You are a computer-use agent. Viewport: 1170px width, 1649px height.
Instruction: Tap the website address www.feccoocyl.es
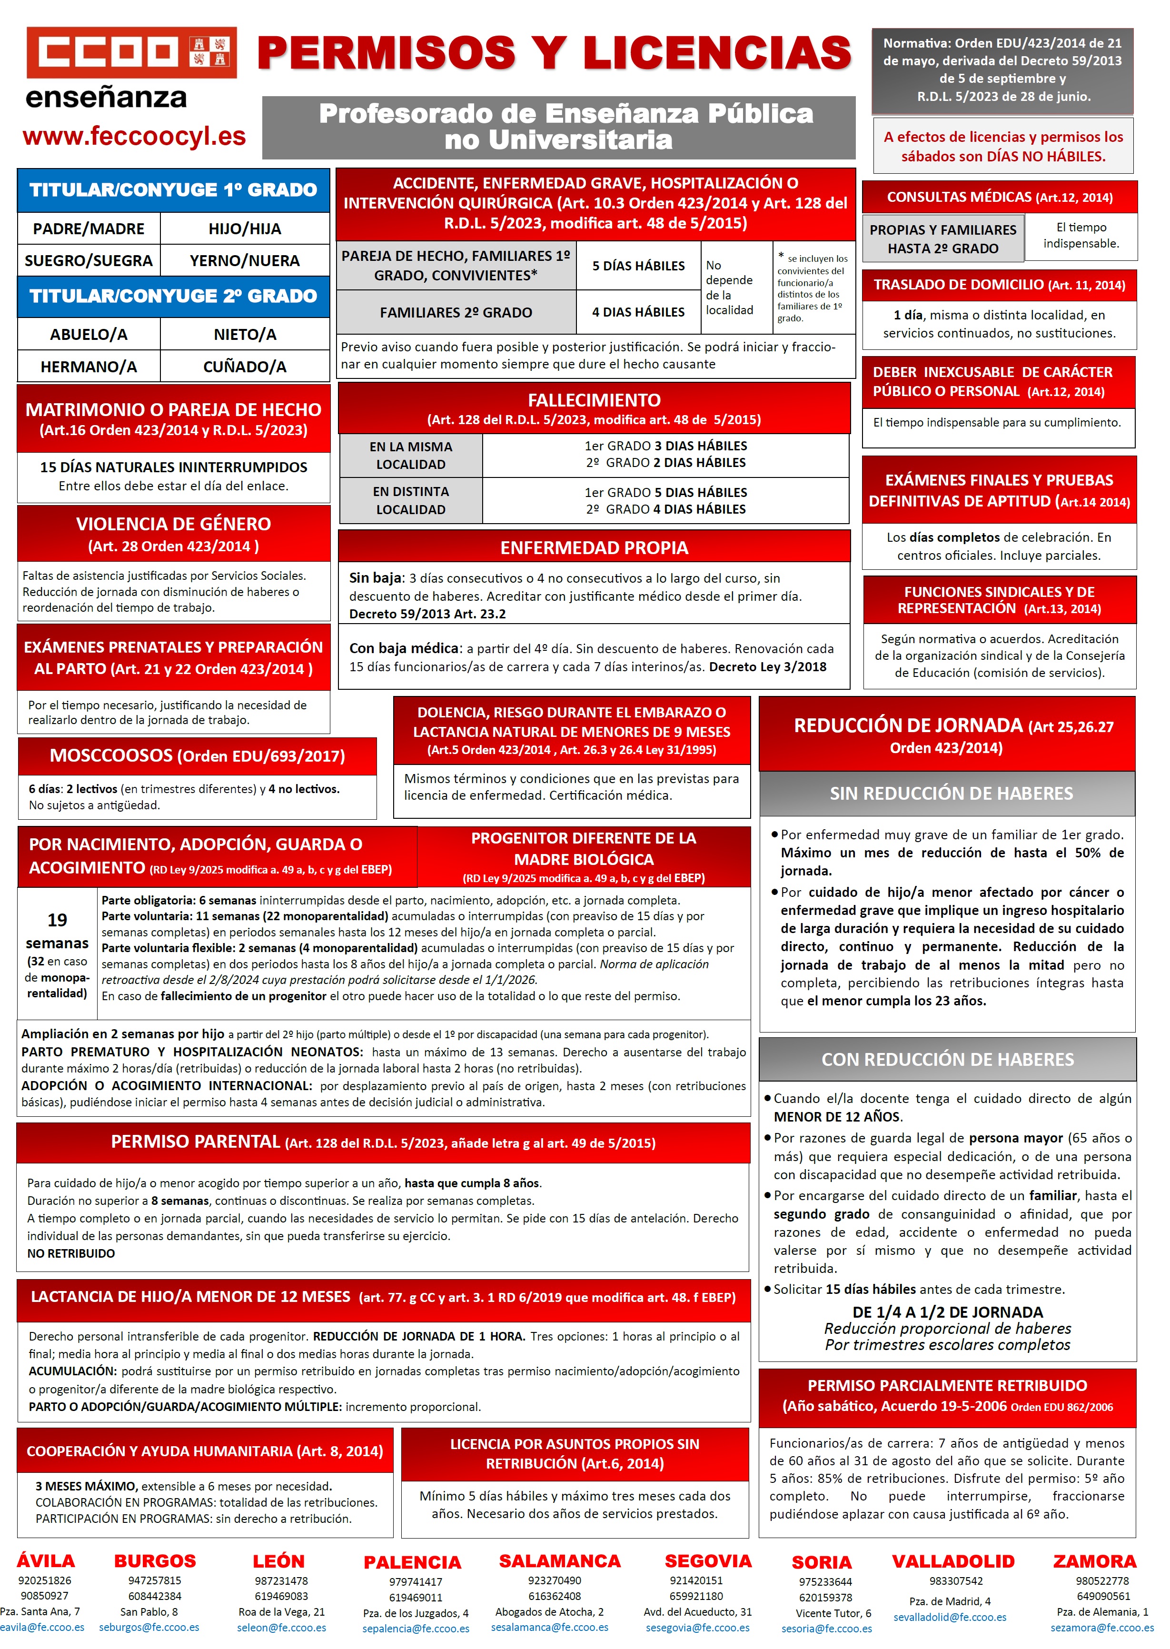134,136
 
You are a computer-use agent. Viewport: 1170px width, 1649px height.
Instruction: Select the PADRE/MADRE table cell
89,228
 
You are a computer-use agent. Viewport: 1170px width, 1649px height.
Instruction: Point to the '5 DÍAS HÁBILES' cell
638,266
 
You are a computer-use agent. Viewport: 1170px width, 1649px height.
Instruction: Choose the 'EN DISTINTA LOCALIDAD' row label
411,500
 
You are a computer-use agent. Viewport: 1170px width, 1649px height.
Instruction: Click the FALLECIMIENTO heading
594,400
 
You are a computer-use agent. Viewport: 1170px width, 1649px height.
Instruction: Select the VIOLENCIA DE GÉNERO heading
174,524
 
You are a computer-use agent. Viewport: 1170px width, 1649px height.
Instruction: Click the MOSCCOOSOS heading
197,755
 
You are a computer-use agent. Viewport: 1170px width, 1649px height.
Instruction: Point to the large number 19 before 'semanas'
57,920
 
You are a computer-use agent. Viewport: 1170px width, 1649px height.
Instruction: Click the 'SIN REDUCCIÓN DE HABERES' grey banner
951,793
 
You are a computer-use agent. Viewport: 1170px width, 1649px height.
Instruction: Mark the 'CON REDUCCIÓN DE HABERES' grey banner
947,1059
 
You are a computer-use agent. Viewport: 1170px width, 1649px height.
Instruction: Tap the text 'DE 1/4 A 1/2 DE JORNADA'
947,1312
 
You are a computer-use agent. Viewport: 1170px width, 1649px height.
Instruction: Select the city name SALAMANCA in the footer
560,1560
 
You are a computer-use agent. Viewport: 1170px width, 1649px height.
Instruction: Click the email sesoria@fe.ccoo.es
826,1628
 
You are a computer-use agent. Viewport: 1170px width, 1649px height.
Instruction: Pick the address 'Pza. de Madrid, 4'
950,1601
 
